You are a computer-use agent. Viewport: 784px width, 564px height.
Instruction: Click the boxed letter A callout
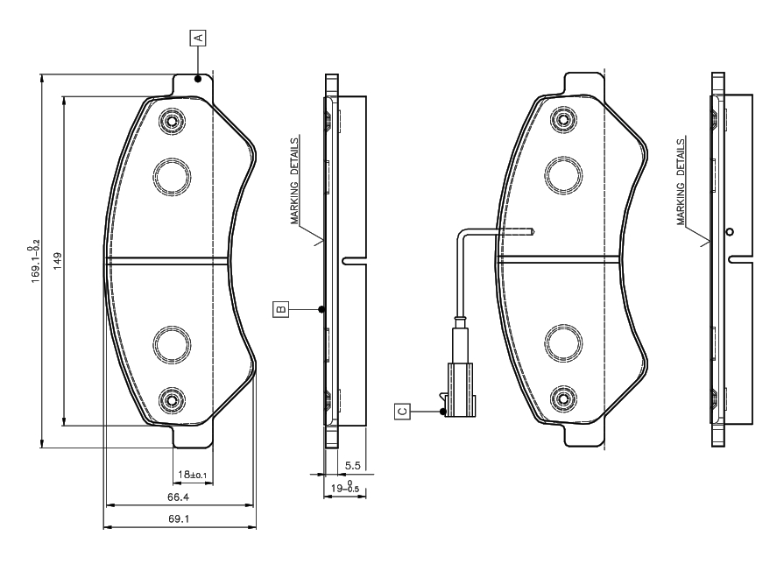198,37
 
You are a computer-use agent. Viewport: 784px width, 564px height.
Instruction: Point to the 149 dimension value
58,261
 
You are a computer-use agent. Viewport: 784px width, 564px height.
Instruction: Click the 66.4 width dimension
178,497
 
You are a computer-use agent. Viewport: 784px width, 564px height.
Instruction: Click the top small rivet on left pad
172,120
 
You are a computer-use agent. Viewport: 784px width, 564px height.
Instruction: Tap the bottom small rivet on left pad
172,399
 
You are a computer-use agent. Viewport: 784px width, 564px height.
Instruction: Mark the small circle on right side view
730,231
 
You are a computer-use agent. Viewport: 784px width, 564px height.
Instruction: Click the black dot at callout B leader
322,309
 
